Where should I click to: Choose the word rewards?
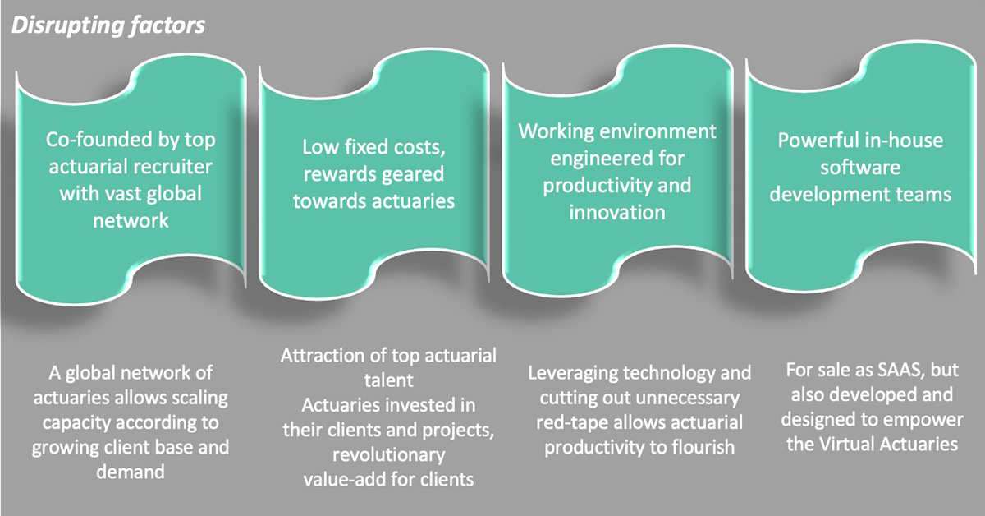(x=337, y=174)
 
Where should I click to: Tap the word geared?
(x=410, y=175)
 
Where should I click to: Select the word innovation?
(x=617, y=212)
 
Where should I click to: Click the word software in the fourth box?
(x=860, y=168)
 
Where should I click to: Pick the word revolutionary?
(x=389, y=455)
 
